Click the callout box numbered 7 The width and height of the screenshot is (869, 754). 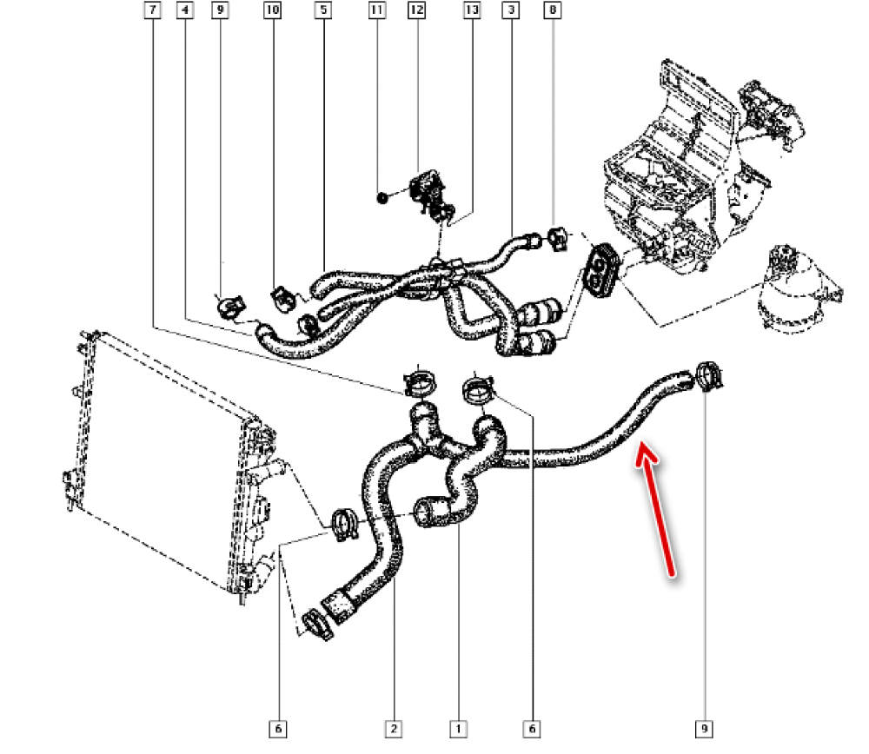coord(152,11)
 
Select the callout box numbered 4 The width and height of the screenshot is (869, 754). coord(185,11)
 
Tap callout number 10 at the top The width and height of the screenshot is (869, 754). coord(272,11)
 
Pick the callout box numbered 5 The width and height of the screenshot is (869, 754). coord(323,11)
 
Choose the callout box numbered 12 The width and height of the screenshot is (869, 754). coord(416,11)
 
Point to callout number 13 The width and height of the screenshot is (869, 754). coord(472,11)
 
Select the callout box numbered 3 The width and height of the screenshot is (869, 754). coord(510,11)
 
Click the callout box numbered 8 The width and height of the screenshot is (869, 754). coord(553,11)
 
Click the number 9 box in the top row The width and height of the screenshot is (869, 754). coord(220,11)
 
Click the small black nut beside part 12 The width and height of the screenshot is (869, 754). coord(382,198)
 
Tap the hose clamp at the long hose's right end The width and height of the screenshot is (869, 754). coord(711,378)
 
